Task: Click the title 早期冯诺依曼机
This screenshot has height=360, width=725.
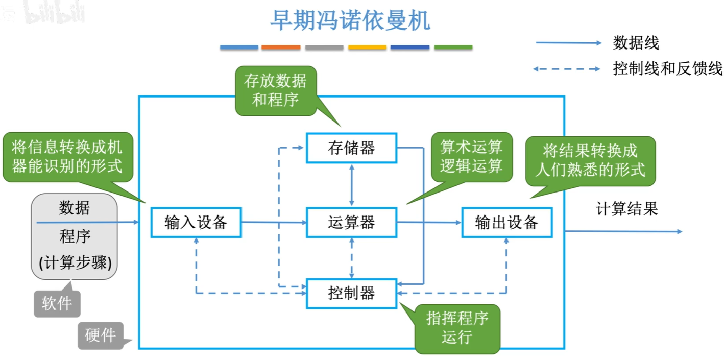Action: tap(350, 21)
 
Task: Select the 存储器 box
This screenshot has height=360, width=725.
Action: tap(351, 148)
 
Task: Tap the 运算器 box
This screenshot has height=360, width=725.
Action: tap(351, 222)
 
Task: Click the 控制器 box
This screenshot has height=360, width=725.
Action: tap(351, 293)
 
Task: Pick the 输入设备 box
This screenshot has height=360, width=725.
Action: tap(196, 222)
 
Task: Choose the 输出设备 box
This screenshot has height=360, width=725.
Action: tap(506, 222)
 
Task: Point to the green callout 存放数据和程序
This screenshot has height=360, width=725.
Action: tap(275, 90)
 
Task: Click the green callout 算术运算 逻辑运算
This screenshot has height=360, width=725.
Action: tap(471, 157)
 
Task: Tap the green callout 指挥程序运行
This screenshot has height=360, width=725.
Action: tap(457, 328)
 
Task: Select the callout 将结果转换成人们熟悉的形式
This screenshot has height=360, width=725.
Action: tap(590, 160)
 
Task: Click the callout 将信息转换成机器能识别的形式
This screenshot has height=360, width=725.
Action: tap(67, 157)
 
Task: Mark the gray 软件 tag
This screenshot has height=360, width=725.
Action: tap(57, 304)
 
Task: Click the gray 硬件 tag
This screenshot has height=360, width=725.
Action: tap(100, 335)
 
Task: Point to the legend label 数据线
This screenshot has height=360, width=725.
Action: tap(636, 43)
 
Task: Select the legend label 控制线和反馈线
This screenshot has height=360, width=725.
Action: tap(667, 68)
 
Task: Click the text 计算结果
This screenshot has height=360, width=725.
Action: tap(626, 209)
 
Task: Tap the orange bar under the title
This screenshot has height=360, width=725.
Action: tap(280, 47)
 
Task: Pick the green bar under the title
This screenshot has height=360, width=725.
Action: tap(453, 47)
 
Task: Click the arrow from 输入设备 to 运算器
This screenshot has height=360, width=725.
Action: tap(273, 222)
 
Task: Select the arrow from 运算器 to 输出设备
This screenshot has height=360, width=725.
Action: tap(429, 222)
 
